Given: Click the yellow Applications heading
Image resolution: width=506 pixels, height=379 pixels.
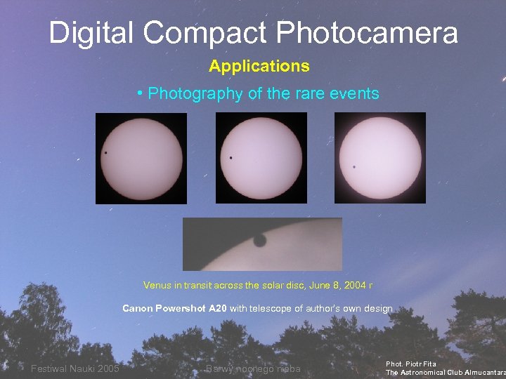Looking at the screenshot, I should coord(259,67).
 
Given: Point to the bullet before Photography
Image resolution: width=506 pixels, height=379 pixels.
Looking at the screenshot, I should coord(141,93).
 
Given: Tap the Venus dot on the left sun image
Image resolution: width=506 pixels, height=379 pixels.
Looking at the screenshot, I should coord(105,153).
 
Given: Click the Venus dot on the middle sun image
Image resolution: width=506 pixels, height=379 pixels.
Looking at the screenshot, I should coord(231,158).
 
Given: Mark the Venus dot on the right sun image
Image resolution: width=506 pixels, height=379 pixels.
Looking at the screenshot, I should coord(353,167).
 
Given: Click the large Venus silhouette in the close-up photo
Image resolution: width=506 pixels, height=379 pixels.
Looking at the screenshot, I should coord(259,241).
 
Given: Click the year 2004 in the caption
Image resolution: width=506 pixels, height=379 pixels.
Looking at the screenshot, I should coord(356,286).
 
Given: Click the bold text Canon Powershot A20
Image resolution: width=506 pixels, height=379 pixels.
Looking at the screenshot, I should coord(174,308).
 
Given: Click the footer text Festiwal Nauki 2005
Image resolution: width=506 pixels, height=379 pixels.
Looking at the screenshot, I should coord(75,369).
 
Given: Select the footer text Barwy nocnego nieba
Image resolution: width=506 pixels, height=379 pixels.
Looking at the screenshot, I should coord(253,369).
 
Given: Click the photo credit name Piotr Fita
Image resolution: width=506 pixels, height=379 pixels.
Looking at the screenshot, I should coord(421,364).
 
